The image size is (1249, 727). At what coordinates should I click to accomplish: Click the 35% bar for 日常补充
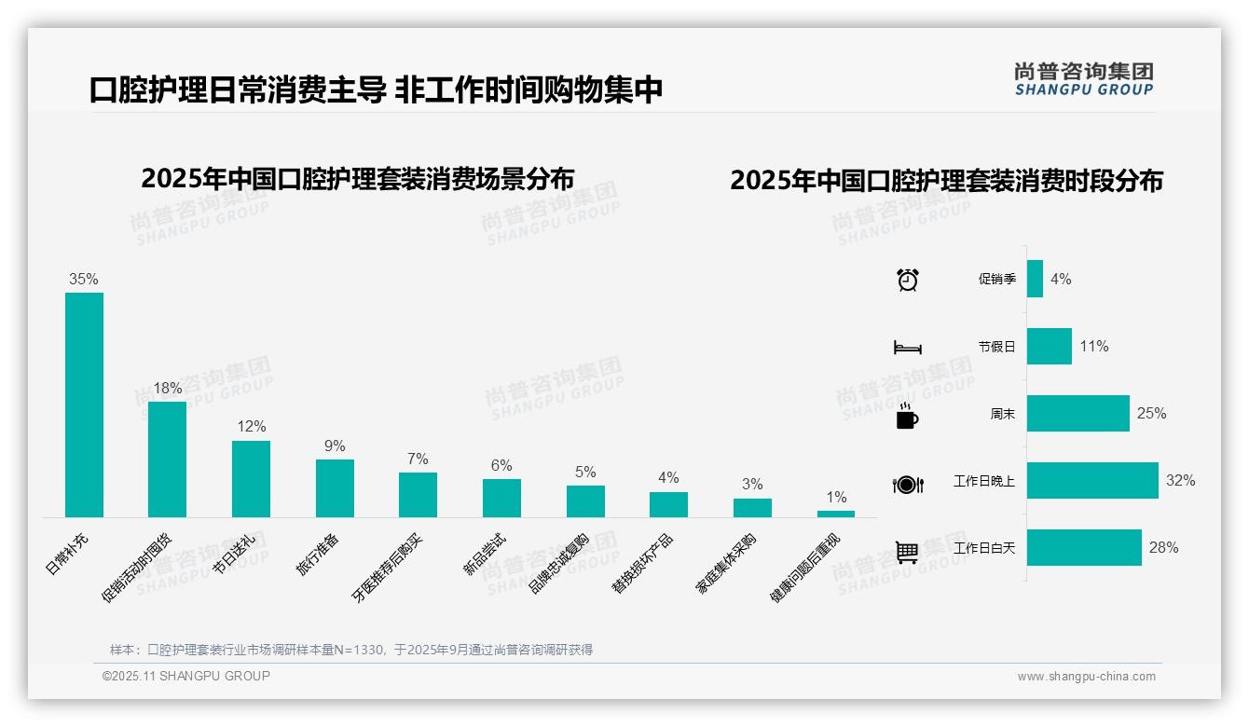point(84,405)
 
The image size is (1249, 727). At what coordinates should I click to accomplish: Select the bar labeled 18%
point(168,460)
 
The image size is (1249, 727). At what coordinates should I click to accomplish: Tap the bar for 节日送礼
point(251,479)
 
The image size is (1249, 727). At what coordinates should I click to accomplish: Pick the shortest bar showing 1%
point(836,514)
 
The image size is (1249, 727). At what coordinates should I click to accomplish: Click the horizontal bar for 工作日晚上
point(1092,481)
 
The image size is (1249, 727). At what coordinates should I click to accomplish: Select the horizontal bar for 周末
point(1078,414)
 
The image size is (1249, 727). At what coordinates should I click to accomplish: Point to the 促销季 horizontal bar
point(1035,279)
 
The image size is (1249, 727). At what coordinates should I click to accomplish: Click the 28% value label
point(1163,548)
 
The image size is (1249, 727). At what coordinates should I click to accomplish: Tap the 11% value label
point(1094,347)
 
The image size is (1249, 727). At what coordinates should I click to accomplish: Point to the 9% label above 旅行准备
point(335,446)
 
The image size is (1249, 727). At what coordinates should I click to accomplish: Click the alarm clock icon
point(907,280)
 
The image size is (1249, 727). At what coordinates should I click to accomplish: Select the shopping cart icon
point(907,552)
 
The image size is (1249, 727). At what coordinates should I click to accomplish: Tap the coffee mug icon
point(907,418)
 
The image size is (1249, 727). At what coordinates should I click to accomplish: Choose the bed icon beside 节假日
point(907,348)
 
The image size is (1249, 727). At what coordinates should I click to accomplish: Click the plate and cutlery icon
point(907,485)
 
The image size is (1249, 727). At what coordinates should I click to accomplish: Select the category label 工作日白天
point(984,548)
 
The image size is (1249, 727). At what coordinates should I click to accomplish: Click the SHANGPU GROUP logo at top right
point(1083,78)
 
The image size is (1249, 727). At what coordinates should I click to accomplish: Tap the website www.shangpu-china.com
point(1086,677)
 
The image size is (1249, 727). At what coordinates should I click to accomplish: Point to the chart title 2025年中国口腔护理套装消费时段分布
point(946,181)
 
